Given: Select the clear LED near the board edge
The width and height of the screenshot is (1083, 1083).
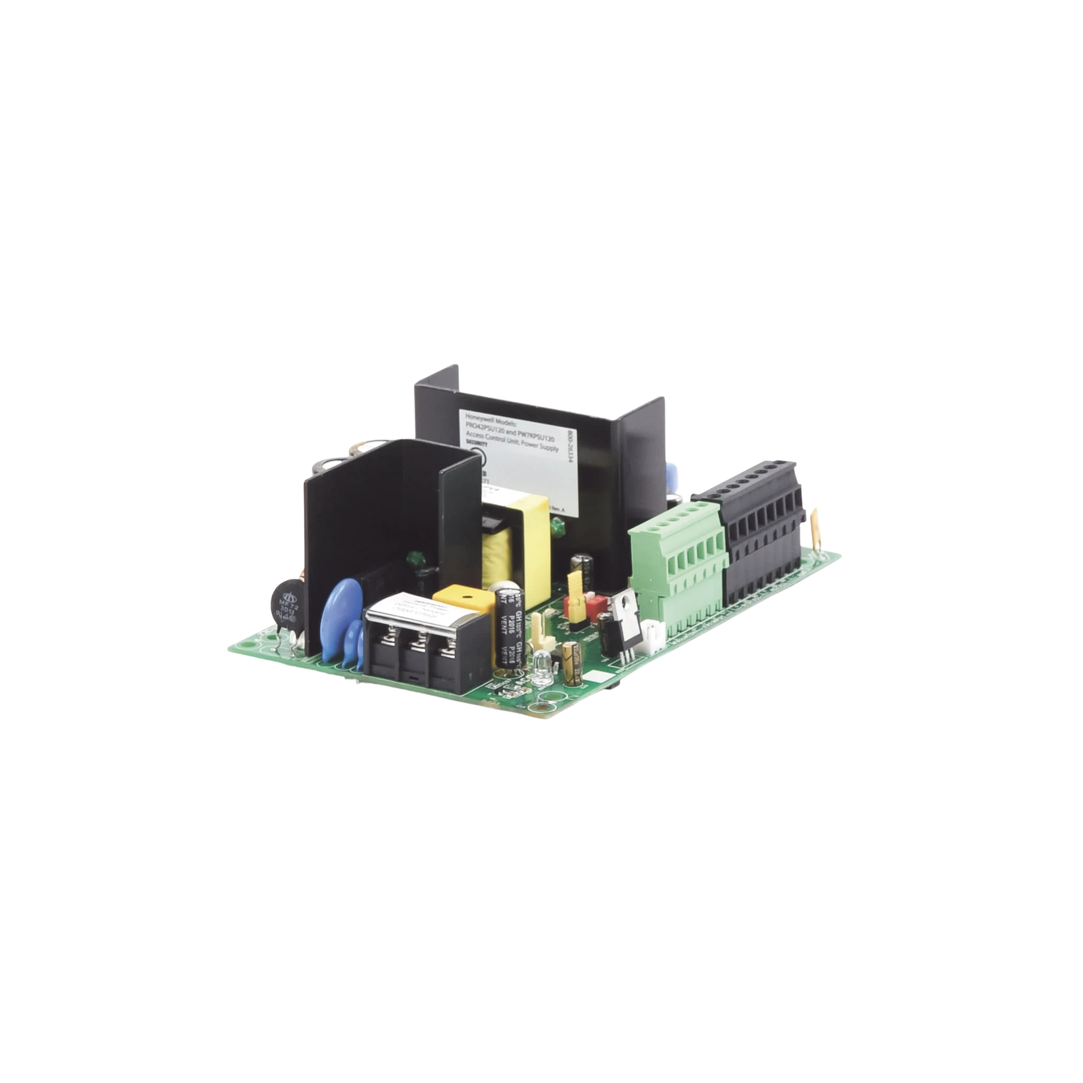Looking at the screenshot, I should (541, 675).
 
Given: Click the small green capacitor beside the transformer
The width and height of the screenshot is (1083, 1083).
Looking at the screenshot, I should (557, 525).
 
